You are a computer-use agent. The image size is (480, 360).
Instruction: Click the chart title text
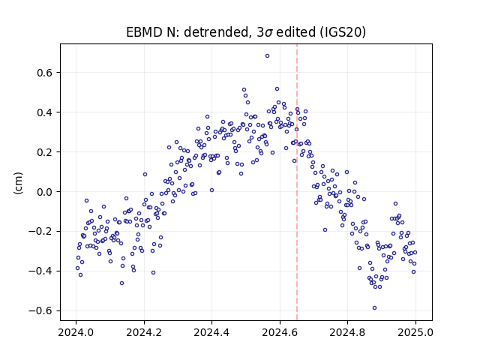[246, 32]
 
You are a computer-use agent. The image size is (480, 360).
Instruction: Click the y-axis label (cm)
[18, 183]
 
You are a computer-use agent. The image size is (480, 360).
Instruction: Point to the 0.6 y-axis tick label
[46, 73]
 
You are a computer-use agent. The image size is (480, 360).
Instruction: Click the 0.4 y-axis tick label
[46, 112]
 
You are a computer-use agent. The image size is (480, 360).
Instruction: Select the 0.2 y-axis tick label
[46, 152]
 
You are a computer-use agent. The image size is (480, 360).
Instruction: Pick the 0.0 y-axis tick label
[46, 192]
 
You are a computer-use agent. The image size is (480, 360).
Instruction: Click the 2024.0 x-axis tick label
[76, 332]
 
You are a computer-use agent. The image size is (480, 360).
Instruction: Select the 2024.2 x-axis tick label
[144, 332]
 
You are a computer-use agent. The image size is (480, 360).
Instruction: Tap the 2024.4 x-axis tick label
[211, 332]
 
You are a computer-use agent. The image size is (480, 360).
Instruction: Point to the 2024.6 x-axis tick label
[280, 332]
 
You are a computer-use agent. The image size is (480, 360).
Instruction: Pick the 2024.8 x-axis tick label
[347, 332]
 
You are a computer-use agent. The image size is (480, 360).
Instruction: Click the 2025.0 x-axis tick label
[415, 332]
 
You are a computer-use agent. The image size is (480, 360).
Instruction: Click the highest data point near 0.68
[267, 56]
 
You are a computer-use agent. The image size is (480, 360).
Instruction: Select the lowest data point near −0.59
[374, 308]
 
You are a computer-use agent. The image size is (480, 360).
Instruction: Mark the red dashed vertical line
[297, 182]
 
